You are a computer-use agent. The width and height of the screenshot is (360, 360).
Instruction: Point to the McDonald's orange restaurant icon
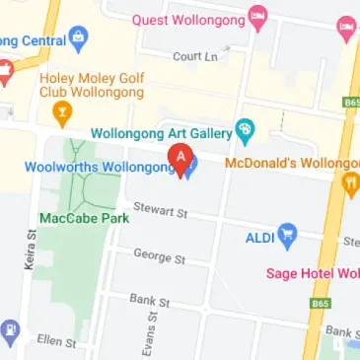pyautogui.click(x=350, y=182)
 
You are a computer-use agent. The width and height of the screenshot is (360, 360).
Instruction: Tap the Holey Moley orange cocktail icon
pyautogui.click(x=63, y=111)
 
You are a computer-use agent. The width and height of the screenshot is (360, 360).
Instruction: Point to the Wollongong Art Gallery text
pyautogui.click(x=161, y=131)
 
